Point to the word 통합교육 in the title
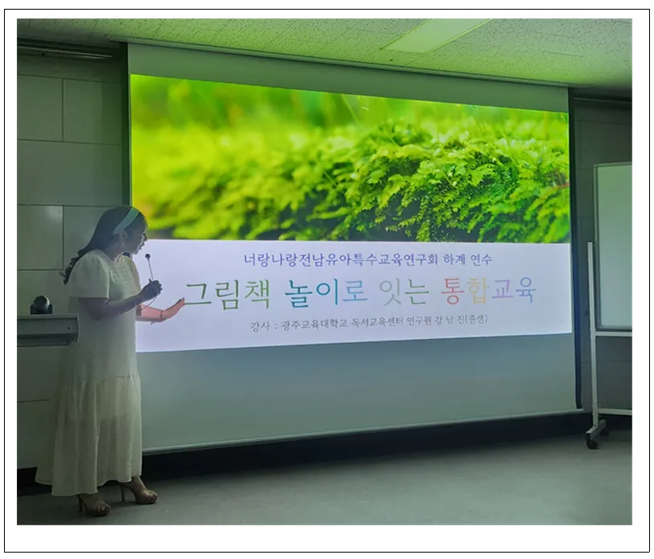(x=489, y=290)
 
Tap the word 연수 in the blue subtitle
(x=481, y=259)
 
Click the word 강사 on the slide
(x=260, y=324)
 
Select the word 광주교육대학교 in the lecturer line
(x=315, y=323)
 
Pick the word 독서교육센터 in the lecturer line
(x=377, y=322)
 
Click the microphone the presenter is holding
(x=149, y=267)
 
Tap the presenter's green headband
(x=125, y=220)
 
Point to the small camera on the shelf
(x=41, y=304)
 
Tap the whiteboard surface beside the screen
(x=614, y=247)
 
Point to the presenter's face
(x=139, y=238)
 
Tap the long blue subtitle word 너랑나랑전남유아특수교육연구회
(x=341, y=259)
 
